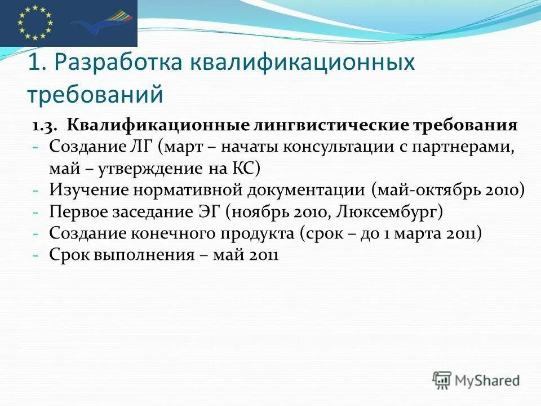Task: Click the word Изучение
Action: [88, 190]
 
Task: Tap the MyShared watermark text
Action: [488, 381]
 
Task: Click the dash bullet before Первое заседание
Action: [35, 212]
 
